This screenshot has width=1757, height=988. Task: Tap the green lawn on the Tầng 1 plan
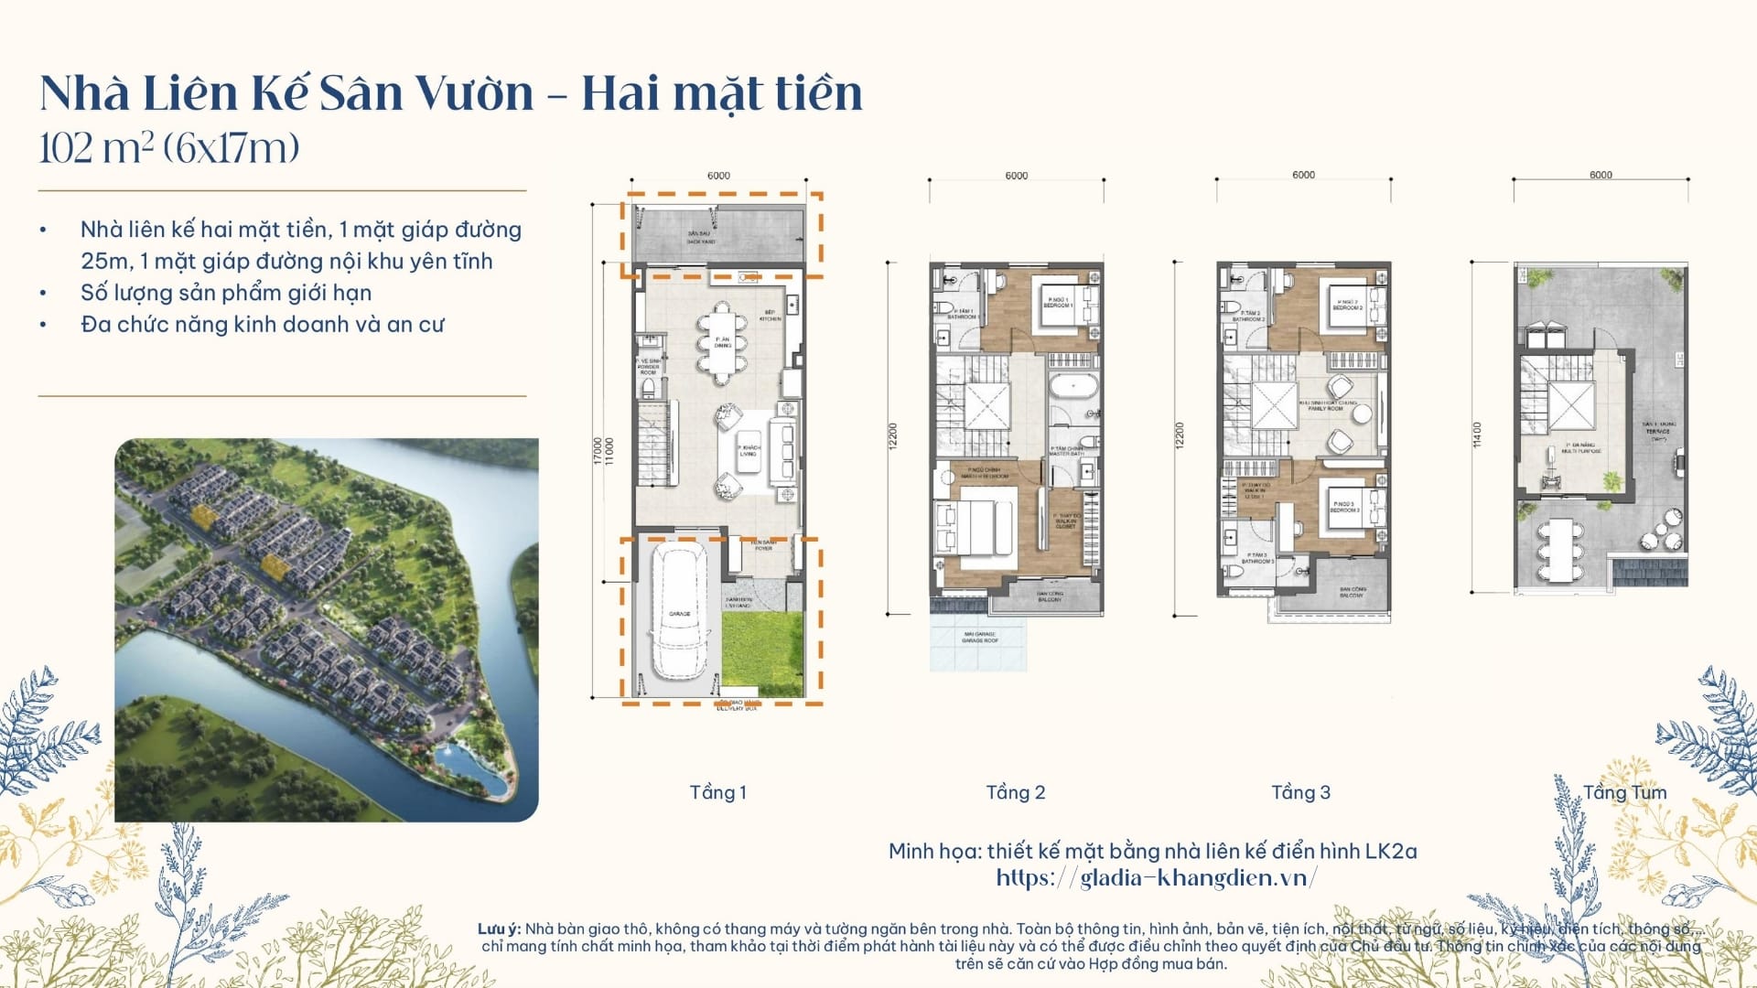tap(761, 654)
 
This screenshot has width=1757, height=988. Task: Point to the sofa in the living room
tap(782, 450)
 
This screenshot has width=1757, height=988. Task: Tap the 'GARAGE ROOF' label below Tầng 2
tap(979, 638)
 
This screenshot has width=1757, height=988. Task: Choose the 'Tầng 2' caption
tap(1015, 792)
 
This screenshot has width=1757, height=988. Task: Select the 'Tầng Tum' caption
tap(1624, 792)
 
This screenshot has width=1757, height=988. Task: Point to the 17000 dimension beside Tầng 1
tap(598, 450)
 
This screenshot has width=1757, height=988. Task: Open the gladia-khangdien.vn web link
tap(1157, 878)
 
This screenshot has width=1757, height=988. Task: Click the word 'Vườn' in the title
tap(474, 93)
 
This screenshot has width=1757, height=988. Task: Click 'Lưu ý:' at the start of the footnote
tap(499, 929)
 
